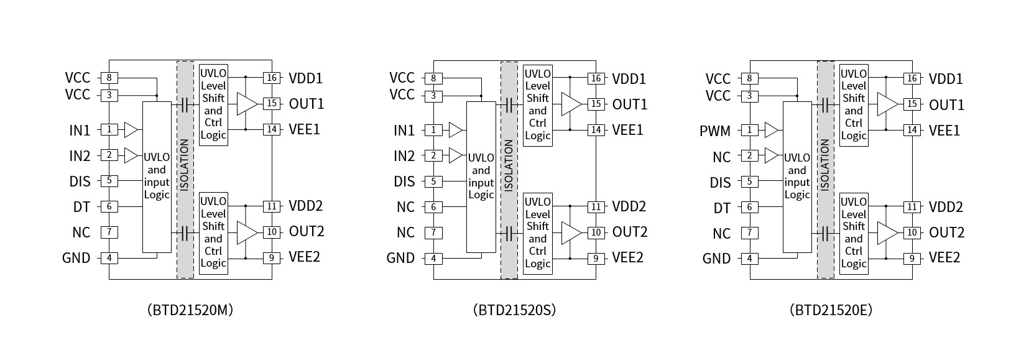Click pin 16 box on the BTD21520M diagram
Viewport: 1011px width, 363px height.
click(x=272, y=78)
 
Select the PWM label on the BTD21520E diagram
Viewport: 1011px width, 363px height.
click(x=715, y=131)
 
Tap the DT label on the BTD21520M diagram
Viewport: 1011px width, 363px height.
click(x=81, y=207)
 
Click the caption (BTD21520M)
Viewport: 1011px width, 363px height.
click(x=190, y=310)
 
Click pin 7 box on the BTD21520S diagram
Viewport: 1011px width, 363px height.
click(x=433, y=232)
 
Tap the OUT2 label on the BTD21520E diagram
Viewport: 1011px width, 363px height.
click(x=946, y=232)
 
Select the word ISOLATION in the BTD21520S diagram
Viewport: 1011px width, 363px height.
click(x=509, y=165)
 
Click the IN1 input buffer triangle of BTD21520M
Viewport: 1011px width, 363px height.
click(x=131, y=129)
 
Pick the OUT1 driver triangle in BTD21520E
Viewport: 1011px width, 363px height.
click(x=887, y=104)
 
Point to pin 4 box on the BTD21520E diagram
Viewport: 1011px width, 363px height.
click(x=750, y=259)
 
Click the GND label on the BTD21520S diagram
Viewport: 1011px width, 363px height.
click(x=400, y=258)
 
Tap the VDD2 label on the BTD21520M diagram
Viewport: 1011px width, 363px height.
click(x=305, y=206)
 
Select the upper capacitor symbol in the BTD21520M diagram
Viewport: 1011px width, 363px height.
click(x=185, y=104)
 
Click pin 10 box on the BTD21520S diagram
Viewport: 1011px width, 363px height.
click(x=596, y=232)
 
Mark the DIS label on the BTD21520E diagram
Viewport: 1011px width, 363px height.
click(x=721, y=183)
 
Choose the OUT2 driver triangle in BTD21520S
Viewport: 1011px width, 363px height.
click(x=571, y=232)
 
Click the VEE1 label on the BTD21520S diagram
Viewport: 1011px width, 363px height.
click(x=628, y=130)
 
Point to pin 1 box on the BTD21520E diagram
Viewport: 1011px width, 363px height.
click(x=750, y=130)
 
